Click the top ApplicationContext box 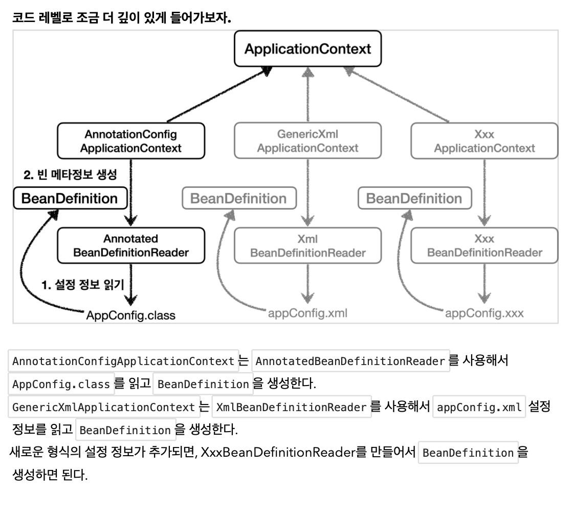(x=307, y=49)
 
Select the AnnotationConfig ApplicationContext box (x=131, y=141)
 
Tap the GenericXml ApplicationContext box (x=307, y=141)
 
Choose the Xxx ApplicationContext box (x=484, y=141)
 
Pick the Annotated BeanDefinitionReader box (x=131, y=246)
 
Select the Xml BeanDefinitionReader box (x=307, y=246)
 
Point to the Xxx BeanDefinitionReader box (x=484, y=246)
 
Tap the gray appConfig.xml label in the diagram (x=307, y=313)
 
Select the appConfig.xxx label (x=484, y=313)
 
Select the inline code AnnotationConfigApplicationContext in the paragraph (x=123, y=361)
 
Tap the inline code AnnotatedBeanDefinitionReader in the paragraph (x=350, y=361)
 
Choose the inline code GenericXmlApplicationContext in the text (x=104, y=408)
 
